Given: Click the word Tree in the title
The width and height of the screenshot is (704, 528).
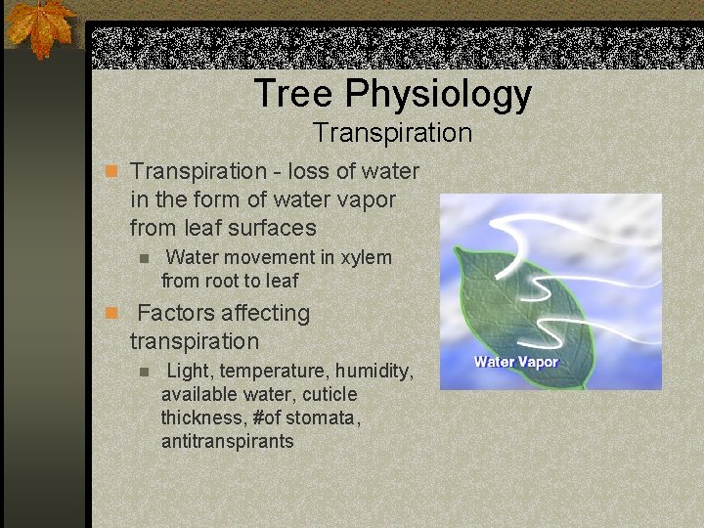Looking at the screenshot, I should pos(292,94).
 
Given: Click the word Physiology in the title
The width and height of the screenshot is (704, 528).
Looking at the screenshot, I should pos(438,95).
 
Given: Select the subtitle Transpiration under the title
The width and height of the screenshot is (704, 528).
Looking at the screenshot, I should pos(392,132).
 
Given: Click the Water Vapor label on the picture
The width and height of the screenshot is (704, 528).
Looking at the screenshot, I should pos(515,362).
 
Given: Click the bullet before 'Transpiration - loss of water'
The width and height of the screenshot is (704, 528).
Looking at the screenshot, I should pos(111,172).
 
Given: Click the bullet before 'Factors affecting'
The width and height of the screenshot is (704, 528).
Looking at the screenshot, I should pos(111,314).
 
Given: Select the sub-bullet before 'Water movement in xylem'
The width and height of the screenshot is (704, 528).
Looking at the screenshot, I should pos(144,259).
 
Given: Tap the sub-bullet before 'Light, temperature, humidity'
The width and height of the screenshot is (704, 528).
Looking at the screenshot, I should pos(144,373).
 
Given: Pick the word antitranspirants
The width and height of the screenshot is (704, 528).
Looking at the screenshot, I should pos(227,442).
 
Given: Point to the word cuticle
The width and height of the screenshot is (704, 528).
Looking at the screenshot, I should pos(330,395).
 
